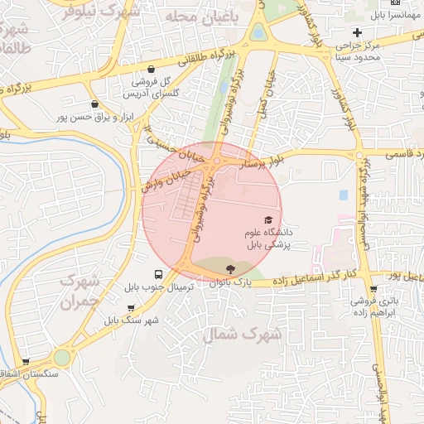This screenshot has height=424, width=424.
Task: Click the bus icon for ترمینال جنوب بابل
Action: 158,274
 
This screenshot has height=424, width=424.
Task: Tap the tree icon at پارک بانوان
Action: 229,267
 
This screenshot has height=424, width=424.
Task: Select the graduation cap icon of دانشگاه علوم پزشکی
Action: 267,219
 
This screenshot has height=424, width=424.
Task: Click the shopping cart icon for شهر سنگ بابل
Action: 131,308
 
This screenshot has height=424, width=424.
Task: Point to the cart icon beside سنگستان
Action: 26,362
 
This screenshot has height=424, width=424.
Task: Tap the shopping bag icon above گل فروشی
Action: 151,70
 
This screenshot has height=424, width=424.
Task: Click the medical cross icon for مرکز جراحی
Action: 357,31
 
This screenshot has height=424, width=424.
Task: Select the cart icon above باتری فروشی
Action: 373,290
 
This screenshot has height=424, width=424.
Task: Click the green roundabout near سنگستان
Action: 61,357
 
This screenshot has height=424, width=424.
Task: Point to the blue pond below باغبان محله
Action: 259,33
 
